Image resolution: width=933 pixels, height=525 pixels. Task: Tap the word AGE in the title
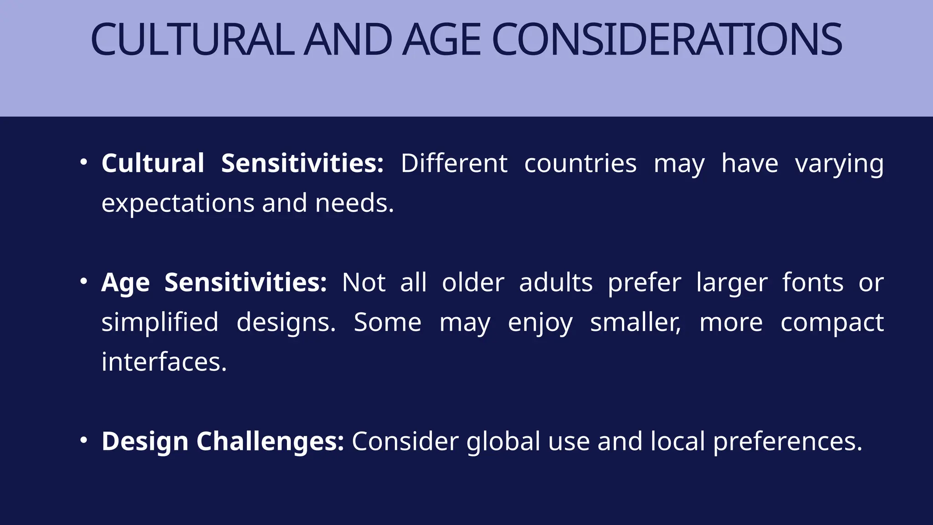pyautogui.click(x=441, y=40)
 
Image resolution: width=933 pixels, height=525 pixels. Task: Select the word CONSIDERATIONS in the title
pyautogui.click(x=666, y=40)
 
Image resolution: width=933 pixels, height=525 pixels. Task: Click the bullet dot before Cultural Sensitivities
pyautogui.click(x=83, y=162)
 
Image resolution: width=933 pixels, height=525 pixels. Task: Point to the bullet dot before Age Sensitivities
pyautogui.click(x=83, y=282)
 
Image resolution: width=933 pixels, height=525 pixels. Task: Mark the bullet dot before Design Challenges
pyautogui.click(x=83, y=440)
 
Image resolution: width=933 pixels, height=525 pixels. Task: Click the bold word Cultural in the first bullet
pyautogui.click(x=153, y=163)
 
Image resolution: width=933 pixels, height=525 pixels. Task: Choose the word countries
pyautogui.click(x=580, y=163)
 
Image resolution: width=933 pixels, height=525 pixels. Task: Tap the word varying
pyautogui.click(x=839, y=164)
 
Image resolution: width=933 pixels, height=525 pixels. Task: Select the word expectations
pyautogui.click(x=178, y=203)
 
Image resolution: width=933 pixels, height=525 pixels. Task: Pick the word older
pyautogui.click(x=473, y=283)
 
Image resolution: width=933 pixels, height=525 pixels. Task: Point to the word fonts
pyautogui.click(x=813, y=283)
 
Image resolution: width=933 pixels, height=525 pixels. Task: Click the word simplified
pyautogui.click(x=160, y=323)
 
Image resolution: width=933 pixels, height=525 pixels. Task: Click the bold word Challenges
pyautogui.click(x=270, y=441)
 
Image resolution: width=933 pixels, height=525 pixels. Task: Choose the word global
pyautogui.click(x=503, y=442)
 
